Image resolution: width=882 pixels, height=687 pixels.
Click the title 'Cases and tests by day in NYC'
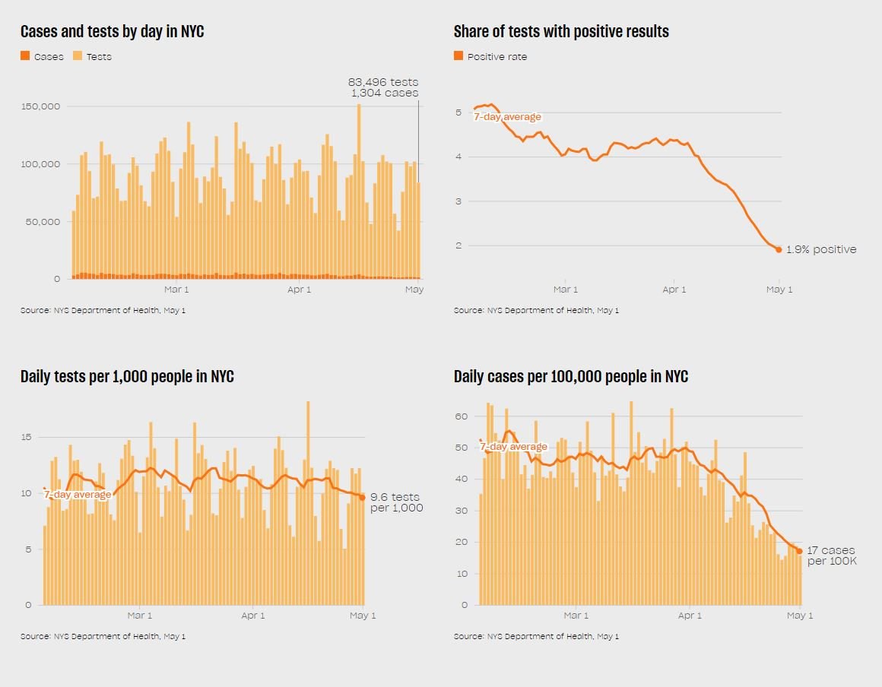point(112,32)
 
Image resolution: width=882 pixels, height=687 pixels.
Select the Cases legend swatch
point(25,56)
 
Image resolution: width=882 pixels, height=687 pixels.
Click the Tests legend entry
point(92,56)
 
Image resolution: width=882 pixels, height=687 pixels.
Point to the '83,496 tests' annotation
point(383,82)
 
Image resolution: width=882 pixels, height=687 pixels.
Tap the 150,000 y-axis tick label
point(40,106)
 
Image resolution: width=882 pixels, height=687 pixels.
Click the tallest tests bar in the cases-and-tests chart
point(359,190)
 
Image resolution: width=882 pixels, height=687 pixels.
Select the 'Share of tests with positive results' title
point(561,32)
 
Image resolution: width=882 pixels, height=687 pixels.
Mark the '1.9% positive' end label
point(821,249)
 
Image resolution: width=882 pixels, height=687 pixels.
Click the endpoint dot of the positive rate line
point(779,249)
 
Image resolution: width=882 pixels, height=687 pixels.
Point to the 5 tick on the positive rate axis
point(458,112)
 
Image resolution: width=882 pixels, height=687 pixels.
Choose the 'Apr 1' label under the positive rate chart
point(674,290)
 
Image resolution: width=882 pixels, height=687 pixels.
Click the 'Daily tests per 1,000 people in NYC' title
point(127,377)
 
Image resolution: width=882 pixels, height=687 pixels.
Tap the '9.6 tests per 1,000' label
point(396,502)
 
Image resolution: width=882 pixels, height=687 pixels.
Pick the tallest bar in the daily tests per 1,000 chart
point(308,502)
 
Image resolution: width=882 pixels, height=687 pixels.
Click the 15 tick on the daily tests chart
point(27,437)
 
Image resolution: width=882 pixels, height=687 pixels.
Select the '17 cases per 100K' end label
point(831,556)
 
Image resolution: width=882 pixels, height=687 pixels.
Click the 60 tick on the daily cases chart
point(461,416)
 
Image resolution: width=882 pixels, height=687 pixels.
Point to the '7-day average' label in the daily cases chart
point(513,447)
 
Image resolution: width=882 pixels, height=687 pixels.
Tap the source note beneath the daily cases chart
point(536,636)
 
